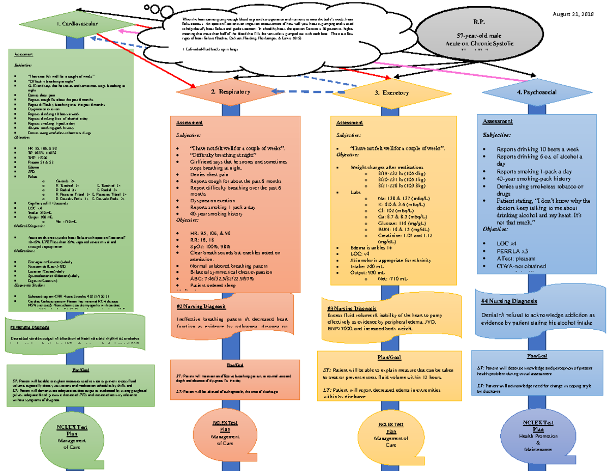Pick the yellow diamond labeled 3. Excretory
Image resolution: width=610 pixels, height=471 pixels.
click(392, 92)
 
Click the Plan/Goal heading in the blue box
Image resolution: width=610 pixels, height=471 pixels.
click(537, 356)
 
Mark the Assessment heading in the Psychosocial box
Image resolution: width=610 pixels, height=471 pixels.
click(498, 121)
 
